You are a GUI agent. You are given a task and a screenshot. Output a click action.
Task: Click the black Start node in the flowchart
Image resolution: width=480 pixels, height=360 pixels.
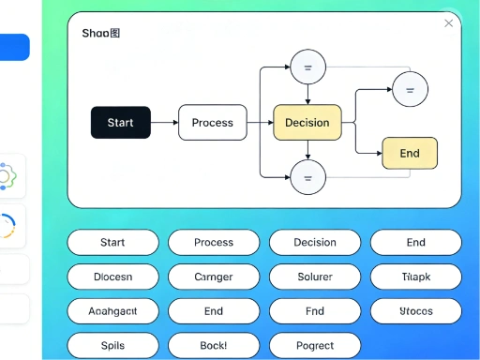click(x=120, y=123)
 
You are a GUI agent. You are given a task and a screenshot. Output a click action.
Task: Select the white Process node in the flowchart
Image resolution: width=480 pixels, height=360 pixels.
click(x=212, y=123)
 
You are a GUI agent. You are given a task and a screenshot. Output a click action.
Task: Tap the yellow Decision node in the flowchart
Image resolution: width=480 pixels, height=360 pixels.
click(x=307, y=123)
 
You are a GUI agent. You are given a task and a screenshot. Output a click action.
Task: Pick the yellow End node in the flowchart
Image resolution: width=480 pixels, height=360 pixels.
click(x=410, y=153)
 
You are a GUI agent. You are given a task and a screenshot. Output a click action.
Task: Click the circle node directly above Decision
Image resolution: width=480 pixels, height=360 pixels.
click(x=307, y=67)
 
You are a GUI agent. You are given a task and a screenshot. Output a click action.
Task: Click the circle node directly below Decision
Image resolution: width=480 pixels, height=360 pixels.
click(x=307, y=176)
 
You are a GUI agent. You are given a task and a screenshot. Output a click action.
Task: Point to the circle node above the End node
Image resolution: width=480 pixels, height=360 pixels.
click(x=409, y=90)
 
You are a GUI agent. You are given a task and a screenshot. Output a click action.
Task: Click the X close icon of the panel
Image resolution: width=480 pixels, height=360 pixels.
click(x=449, y=23)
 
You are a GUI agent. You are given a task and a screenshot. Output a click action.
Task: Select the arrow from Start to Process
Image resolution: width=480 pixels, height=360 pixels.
click(x=164, y=123)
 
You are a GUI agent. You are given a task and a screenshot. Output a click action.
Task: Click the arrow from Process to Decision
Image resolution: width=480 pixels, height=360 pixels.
click(x=260, y=123)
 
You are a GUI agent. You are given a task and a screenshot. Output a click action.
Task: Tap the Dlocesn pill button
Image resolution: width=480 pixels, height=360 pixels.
click(x=112, y=277)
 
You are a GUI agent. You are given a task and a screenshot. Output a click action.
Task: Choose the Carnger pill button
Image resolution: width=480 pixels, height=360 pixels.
click(x=214, y=277)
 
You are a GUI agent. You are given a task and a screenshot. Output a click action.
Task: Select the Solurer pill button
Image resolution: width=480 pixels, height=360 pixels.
click(x=315, y=277)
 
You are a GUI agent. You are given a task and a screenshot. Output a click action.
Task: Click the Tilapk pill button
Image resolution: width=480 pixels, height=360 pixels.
click(x=415, y=277)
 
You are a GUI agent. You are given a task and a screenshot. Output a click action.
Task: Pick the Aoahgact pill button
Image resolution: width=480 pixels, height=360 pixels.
click(x=112, y=311)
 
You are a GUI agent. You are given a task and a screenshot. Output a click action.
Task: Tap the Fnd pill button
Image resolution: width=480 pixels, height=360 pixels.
click(x=315, y=311)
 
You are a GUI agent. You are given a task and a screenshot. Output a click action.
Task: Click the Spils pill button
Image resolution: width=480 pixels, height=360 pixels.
click(x=112, y=345)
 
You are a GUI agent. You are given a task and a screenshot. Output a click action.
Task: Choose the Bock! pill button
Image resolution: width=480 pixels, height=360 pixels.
click(x=214, y=345)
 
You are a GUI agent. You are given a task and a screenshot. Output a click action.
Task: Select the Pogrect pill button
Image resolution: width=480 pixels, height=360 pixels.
click(x=315, y=345)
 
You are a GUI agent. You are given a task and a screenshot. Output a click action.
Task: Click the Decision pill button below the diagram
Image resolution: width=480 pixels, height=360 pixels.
click(x=315, y=242)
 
